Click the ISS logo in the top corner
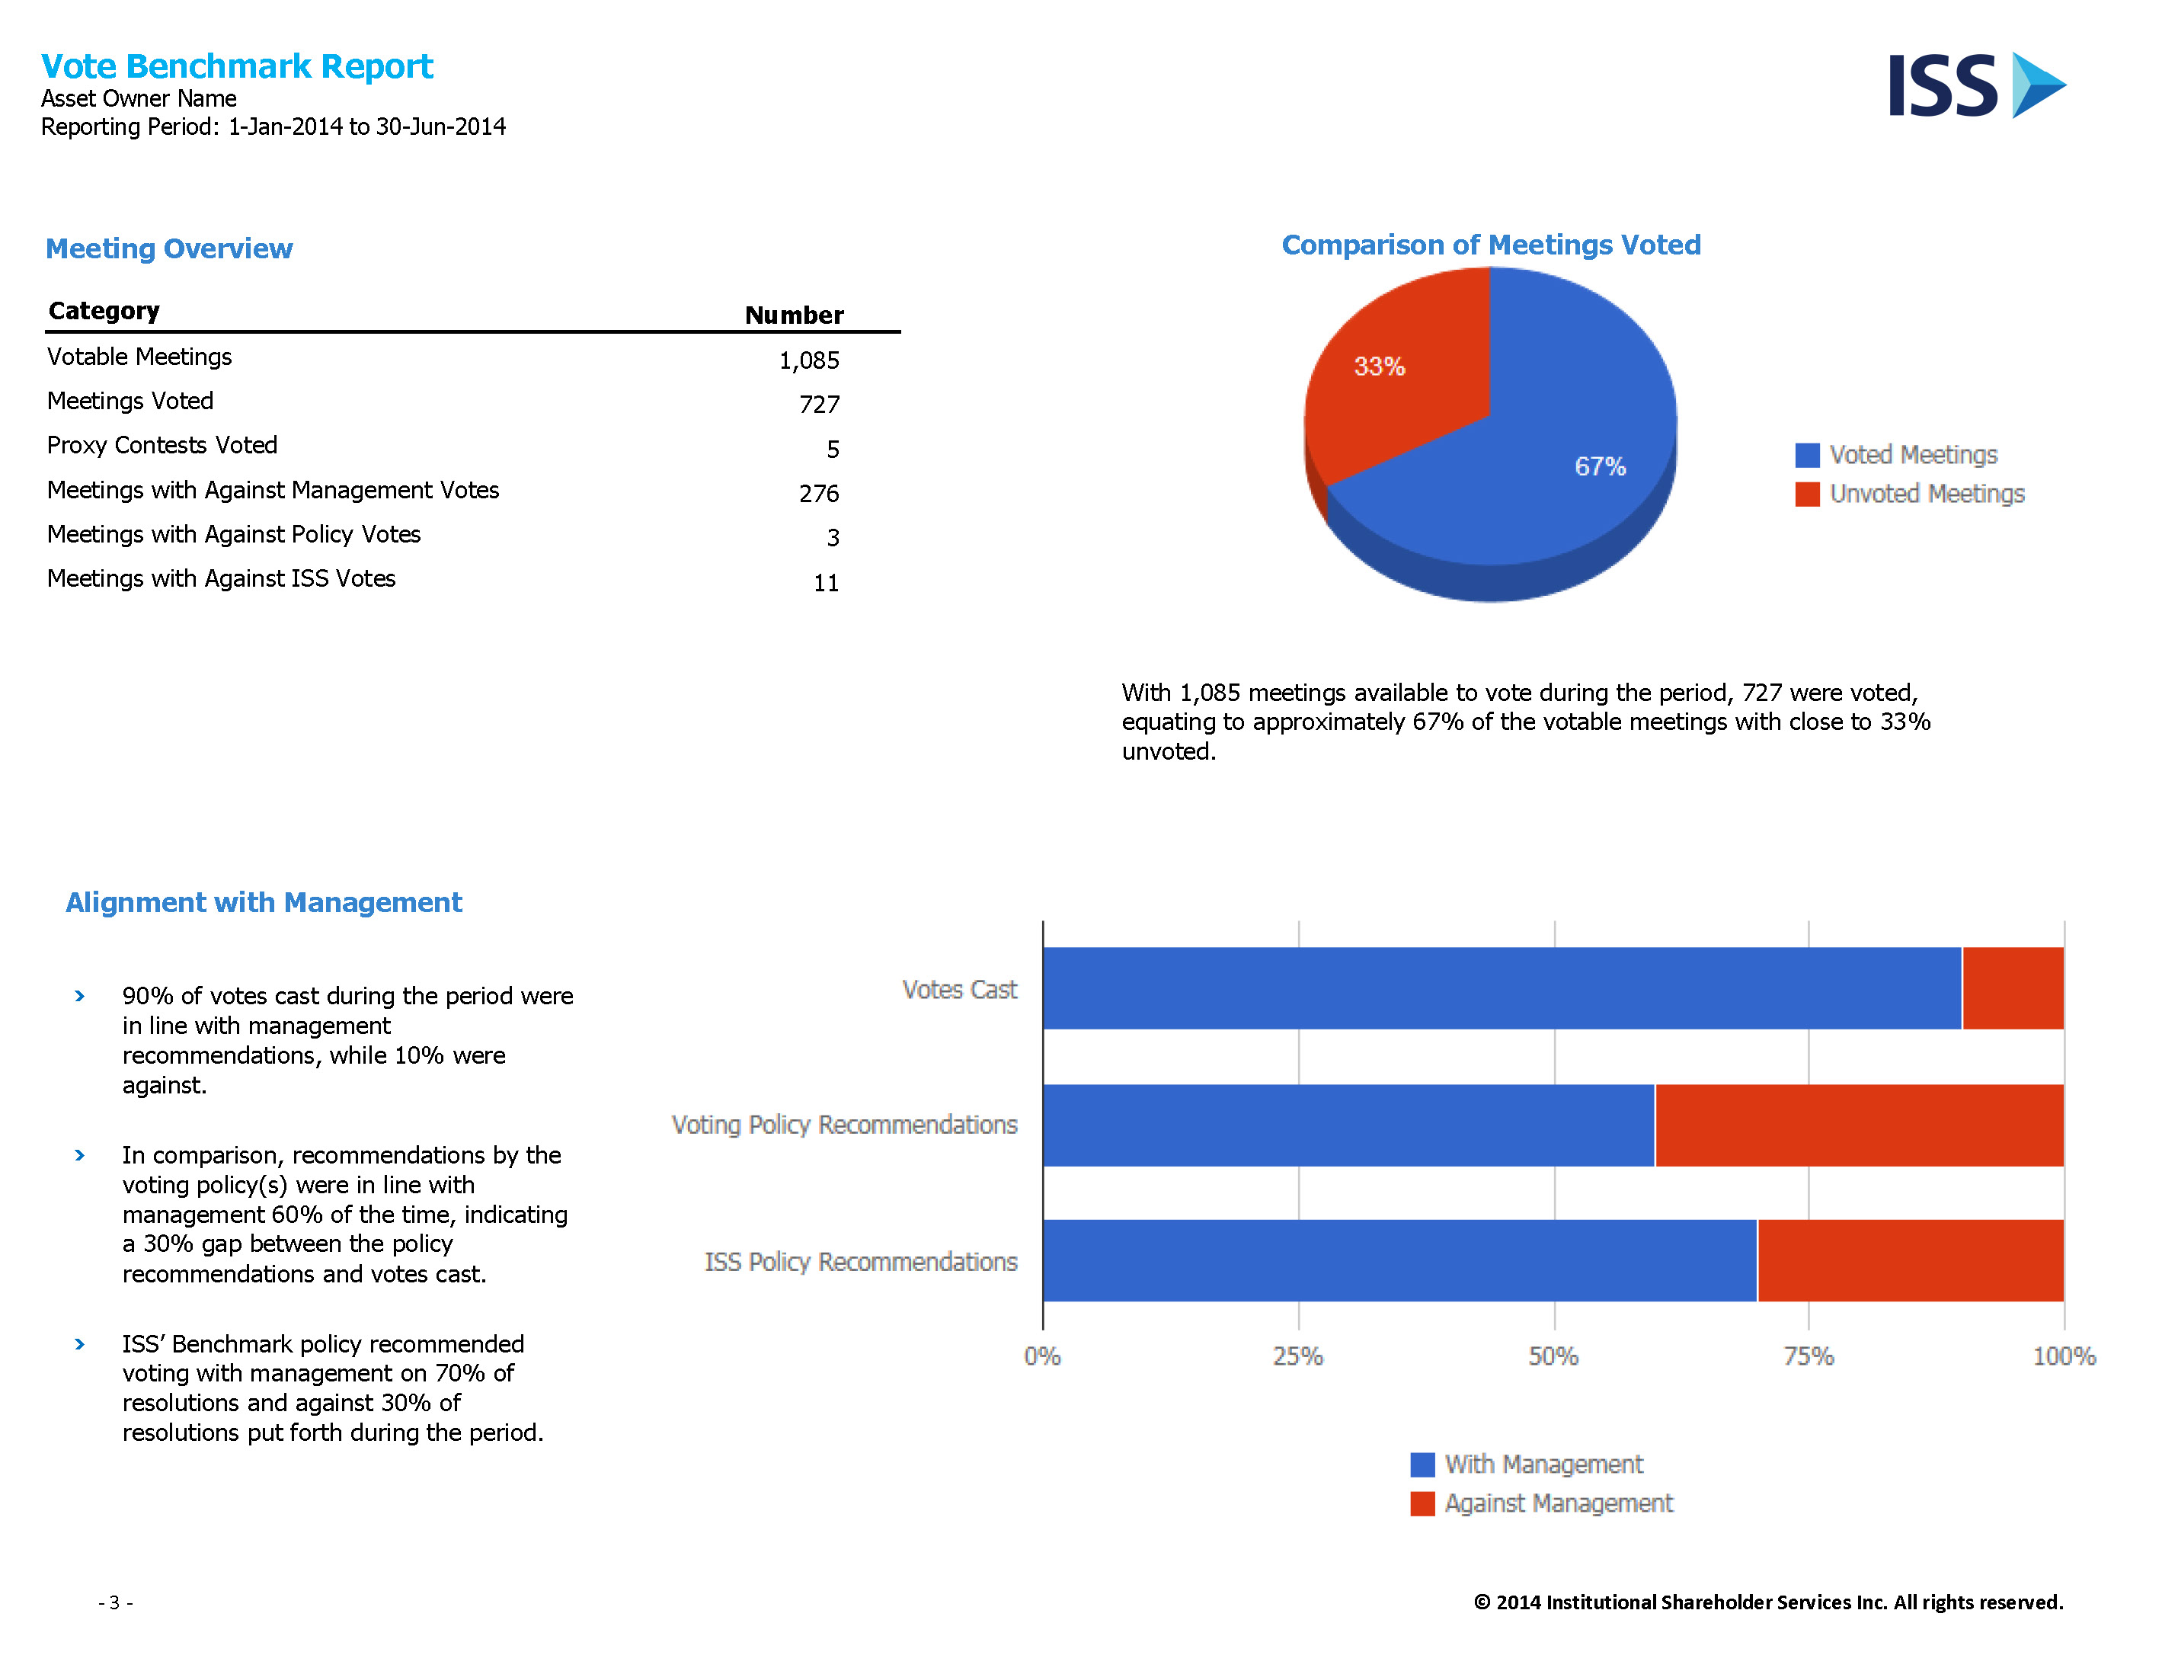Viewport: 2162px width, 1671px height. point(1977,85)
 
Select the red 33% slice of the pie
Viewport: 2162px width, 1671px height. point(1396,376)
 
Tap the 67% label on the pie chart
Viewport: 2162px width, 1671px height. point(1600,466)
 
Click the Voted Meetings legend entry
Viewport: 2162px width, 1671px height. point(1895,454)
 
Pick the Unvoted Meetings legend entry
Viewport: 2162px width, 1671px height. point(1910,493)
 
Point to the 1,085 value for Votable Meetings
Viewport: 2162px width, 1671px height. point(809,360)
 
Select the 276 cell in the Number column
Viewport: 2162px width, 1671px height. point(819,493)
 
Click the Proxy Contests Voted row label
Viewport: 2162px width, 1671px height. point(162,446)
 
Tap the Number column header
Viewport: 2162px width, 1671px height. point(794,315)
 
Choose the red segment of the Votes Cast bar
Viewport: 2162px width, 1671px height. point(2013,988)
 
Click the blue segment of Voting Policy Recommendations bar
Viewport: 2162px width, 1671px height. point(1348,1125)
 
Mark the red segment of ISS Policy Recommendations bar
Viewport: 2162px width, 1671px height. point(1911,1260)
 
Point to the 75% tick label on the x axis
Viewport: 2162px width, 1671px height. point(1809,1356)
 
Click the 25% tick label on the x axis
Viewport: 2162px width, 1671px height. point(1298,1356)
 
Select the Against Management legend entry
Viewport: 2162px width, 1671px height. point(1541,1503)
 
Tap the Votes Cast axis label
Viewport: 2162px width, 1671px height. point(959,989)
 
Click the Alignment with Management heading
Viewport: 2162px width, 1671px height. point(264,902)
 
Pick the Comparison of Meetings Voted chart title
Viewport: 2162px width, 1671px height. point(1491,245)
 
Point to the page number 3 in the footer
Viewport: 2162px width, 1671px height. point(115,1602)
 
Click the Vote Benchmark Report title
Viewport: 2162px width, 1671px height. point(237,66)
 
